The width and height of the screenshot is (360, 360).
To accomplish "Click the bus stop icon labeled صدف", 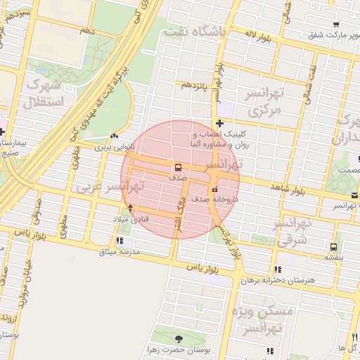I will coord(177,167).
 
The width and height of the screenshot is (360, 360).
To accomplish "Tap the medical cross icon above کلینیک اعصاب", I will coord(220,124).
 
